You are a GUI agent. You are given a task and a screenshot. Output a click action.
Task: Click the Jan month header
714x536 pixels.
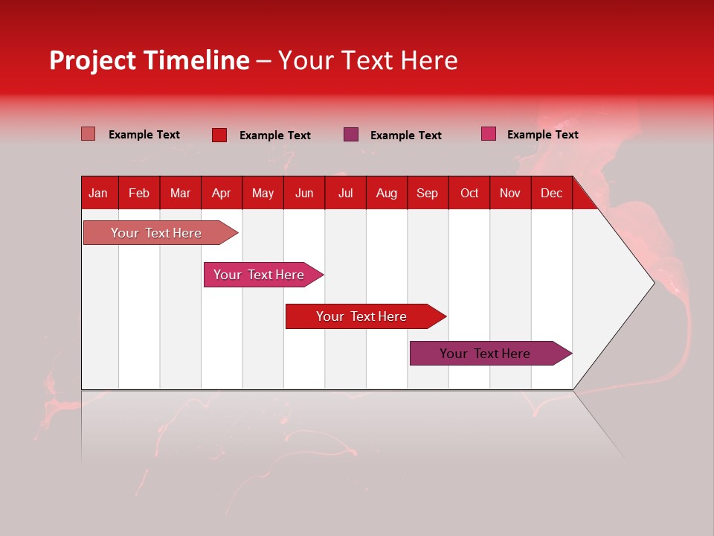(x=98, y=193)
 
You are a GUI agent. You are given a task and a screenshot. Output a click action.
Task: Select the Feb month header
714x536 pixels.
(x=139, y=193)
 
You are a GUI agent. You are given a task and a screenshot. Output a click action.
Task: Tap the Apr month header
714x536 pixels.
(x=221, y=193)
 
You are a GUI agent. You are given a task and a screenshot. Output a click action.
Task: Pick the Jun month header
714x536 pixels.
(x=304, y=193)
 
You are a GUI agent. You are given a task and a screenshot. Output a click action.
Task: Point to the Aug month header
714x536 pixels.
(x=386, y=193)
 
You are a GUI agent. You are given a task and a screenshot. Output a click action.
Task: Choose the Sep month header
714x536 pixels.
(x=427, y=193)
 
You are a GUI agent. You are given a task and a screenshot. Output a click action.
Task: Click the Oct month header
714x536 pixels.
(x=469, y=193)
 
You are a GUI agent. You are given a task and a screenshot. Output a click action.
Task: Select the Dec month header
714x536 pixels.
(x=551, y=193)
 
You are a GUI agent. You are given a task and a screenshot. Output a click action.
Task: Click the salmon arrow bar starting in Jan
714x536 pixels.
(x=156, y=233)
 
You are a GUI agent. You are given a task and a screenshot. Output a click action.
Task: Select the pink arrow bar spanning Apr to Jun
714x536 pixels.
(x=259, y=275)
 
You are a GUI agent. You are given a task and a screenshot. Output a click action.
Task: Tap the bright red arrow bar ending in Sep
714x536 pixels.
(x=361, y=316)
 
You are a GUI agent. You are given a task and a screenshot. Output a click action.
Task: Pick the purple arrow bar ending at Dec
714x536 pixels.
(x=485, y=354)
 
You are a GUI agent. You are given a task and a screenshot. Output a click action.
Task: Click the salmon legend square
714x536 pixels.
(x=88, y=134)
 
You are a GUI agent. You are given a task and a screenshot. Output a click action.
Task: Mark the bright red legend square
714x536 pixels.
(x=219, y=135)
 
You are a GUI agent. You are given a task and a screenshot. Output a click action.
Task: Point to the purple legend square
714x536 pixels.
(x=351, y=135)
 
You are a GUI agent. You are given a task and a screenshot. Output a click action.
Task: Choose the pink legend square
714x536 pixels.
(x=489, y=134)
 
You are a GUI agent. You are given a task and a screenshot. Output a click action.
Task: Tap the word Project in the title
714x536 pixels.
(x=93, y=60)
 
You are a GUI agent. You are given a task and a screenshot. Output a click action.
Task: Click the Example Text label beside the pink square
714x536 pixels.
(x=542, y=135)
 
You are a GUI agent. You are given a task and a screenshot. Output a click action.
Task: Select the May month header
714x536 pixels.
(x=263, y=193)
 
